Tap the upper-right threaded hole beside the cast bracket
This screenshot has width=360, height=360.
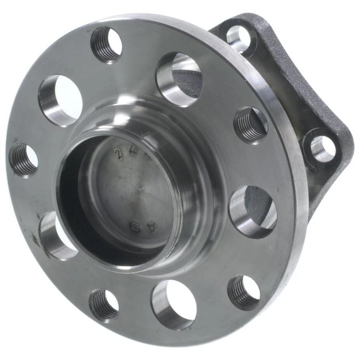(251, 125)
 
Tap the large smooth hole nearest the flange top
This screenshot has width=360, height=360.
(180, 79)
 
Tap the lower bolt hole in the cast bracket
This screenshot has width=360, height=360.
(322, 149)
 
